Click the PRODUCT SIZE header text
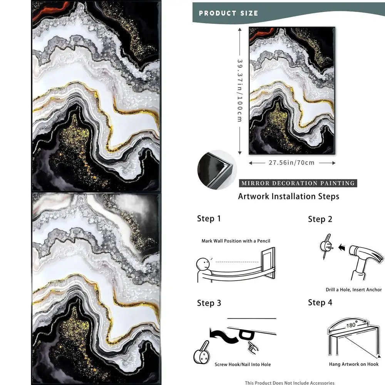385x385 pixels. coord(228,13)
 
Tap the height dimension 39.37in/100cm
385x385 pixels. coord(239,90)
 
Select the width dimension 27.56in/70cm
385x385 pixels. coord(291,163)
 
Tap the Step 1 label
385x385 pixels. coord(209,219)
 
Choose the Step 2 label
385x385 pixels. coord(320,219)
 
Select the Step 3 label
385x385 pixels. coord(209,303)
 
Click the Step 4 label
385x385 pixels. coord(320,303)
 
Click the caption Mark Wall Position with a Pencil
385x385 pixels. coord(236,241)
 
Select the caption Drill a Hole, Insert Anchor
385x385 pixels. coord(353,290)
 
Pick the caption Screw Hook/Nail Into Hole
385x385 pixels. coord(242,364)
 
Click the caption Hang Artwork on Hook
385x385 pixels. coord(353,364)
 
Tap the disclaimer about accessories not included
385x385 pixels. coord(290,382)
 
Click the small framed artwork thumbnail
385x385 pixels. coord(291,90)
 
